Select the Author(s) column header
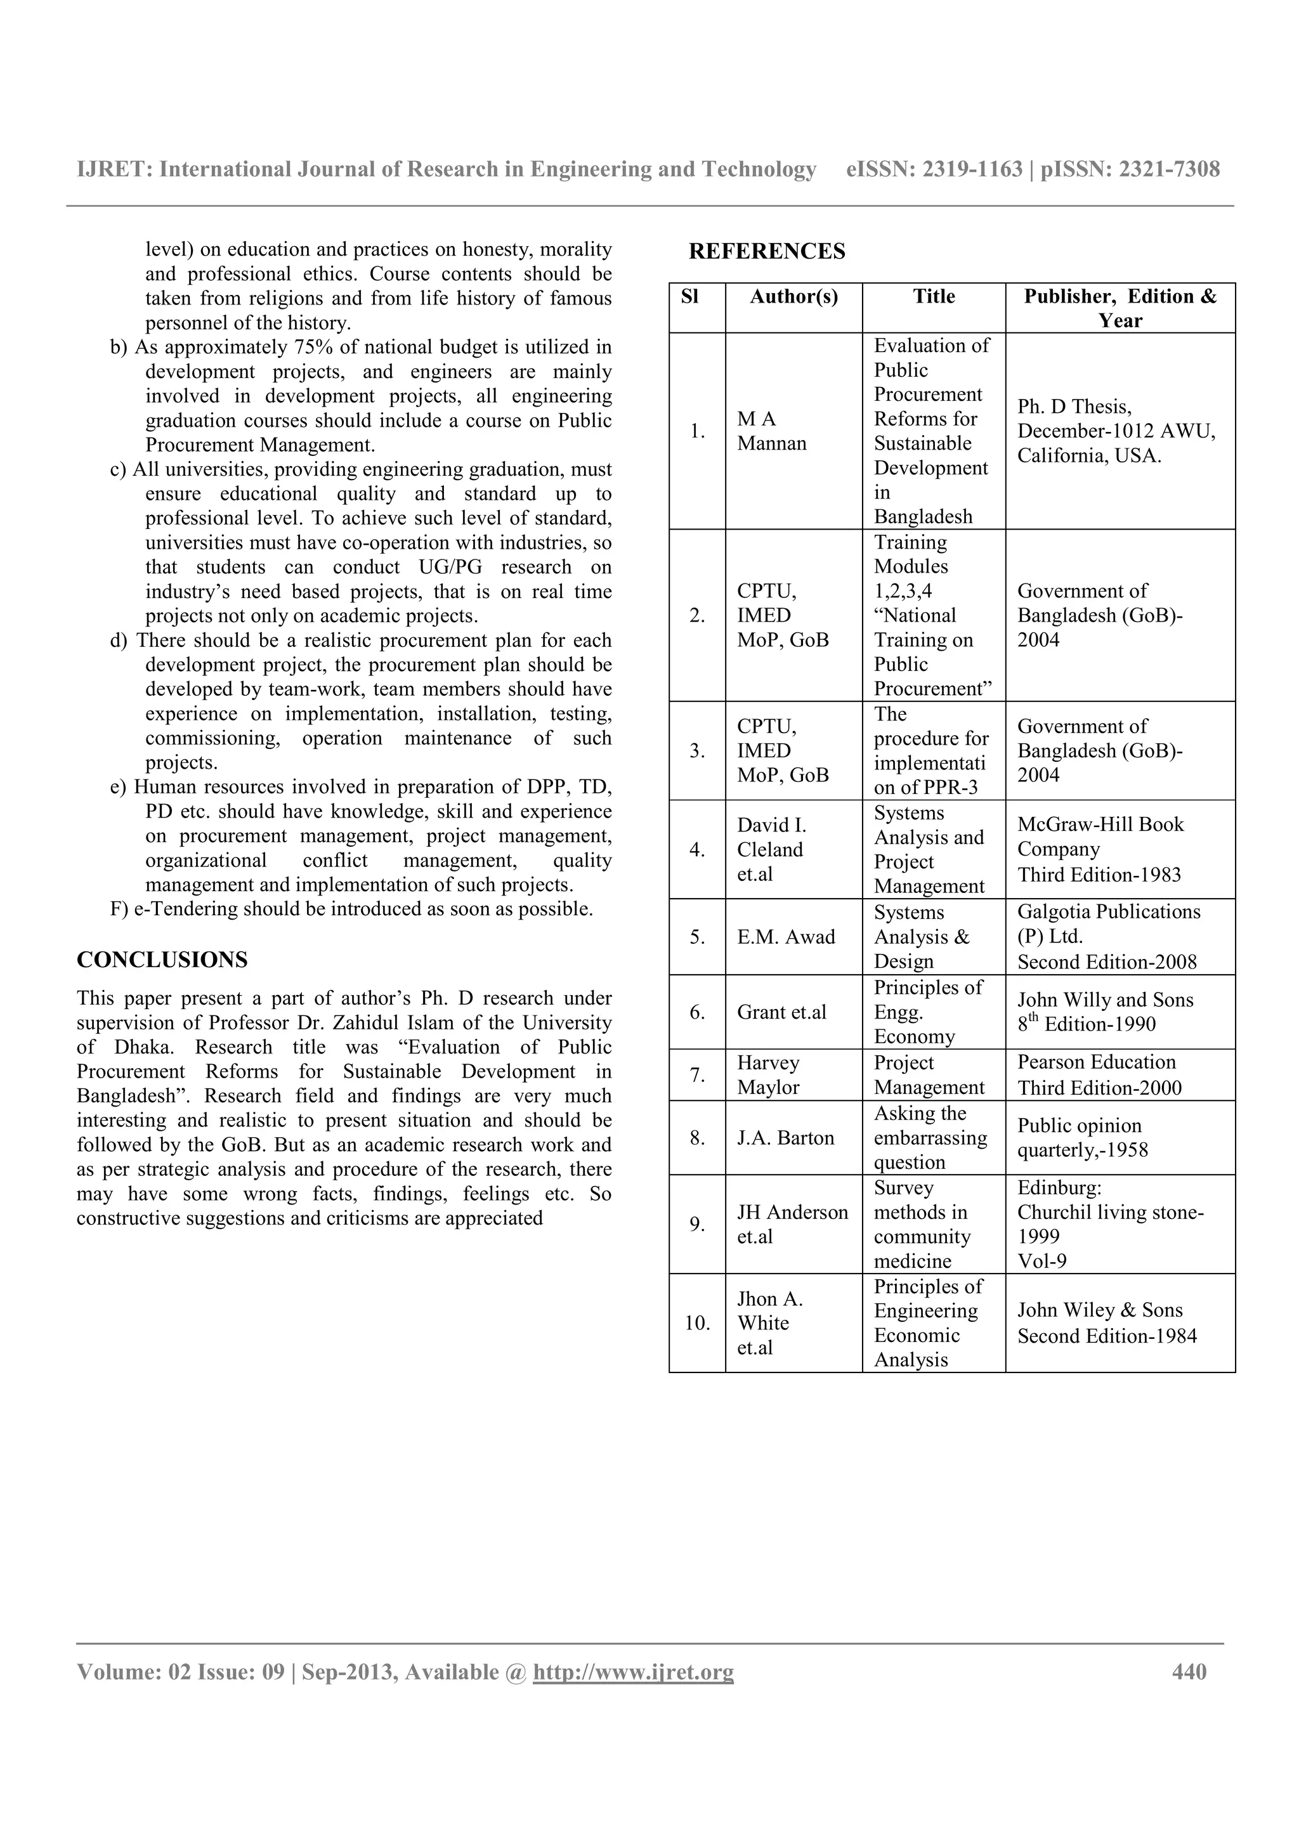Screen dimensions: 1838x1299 click(793, 297)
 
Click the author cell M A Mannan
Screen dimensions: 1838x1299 click(771, 431)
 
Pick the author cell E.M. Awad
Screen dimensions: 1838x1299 click(785, 937)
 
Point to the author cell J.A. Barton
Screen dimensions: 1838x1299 click(785, 1138)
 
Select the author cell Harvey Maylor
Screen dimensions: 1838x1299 click(767, 1075)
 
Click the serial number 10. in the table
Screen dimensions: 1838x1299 click(697, 1323)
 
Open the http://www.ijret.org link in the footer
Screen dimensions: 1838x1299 click(633, 1672)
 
